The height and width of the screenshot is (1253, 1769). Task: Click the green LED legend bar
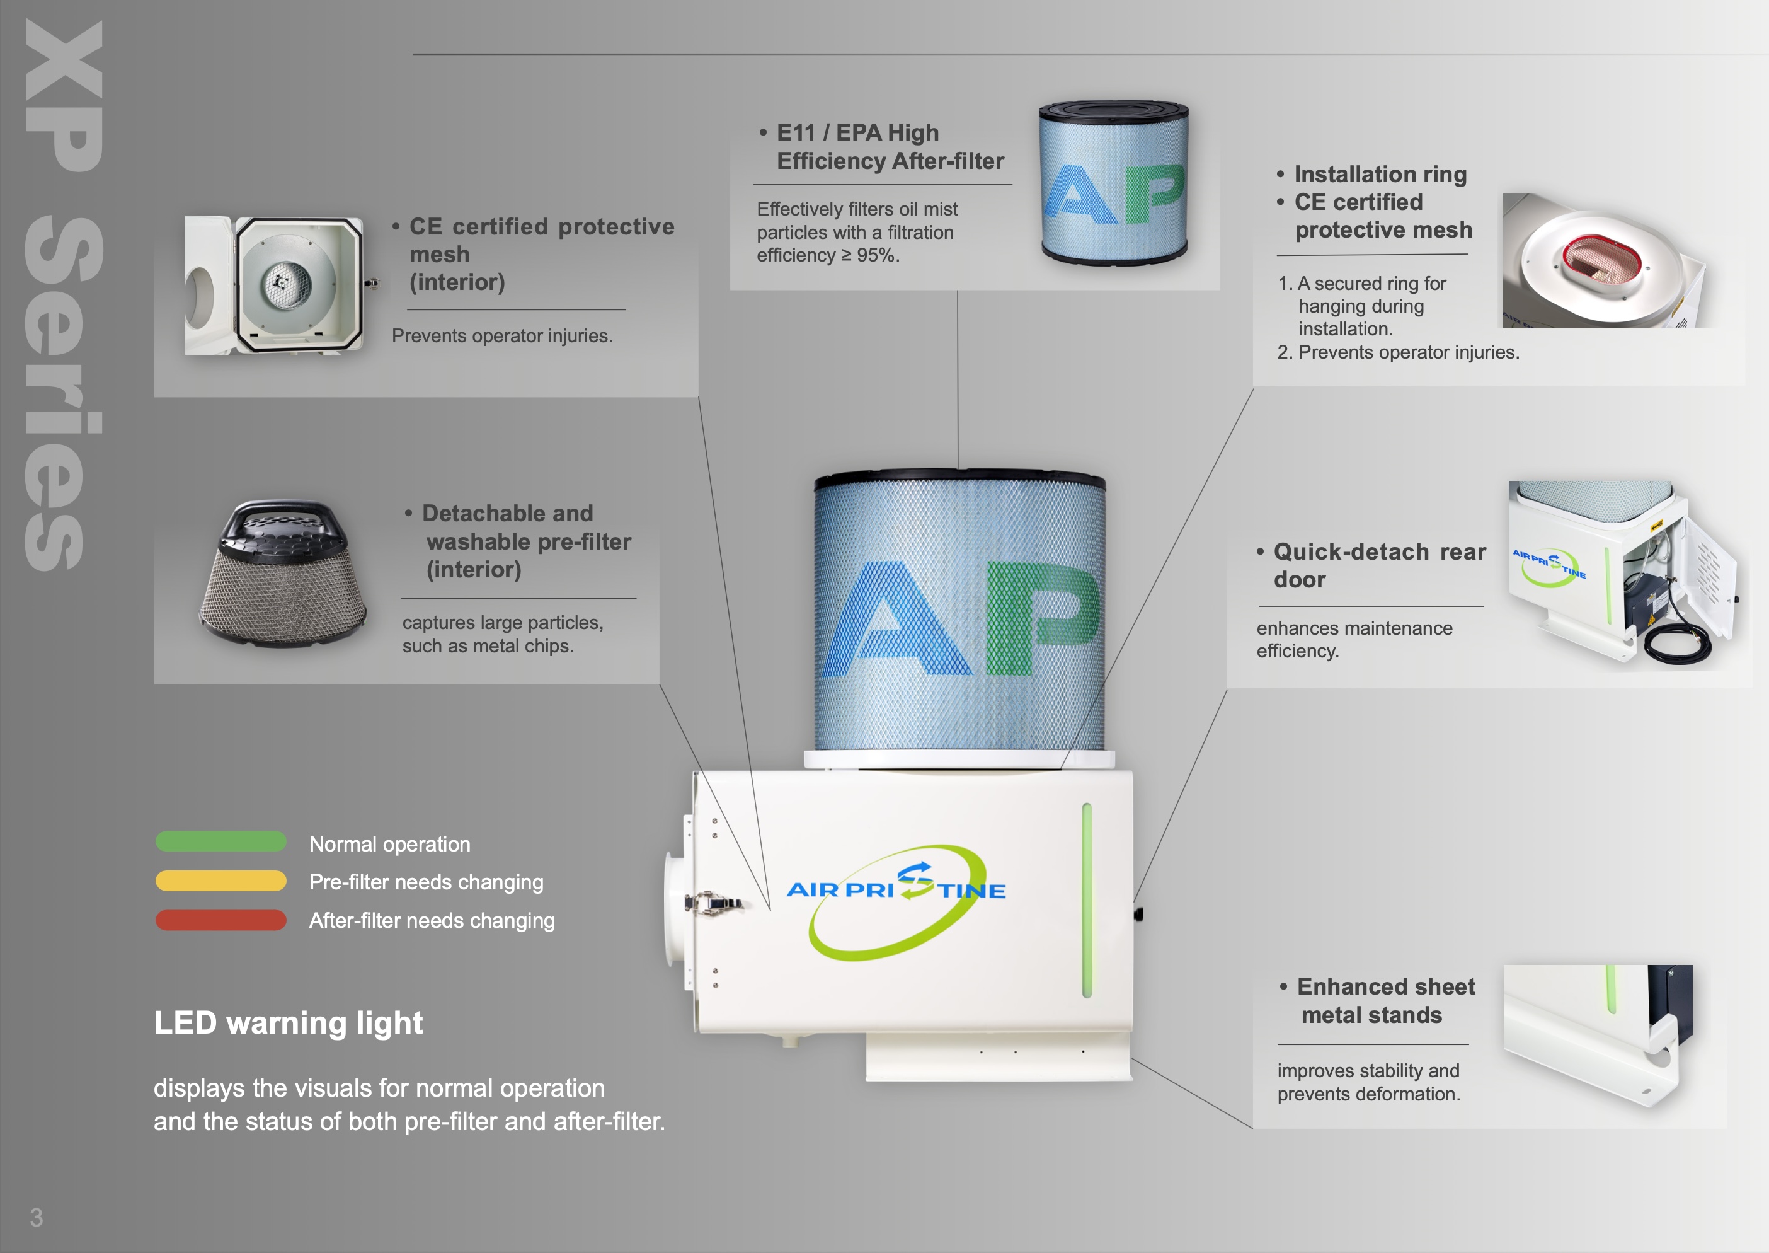click(x=220, y=842)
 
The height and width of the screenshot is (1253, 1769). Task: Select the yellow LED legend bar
click(x=220, y=881)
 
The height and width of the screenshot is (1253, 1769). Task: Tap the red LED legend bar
click(x=220, y=920)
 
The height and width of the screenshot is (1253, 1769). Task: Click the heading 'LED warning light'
click(x=289, y=1023)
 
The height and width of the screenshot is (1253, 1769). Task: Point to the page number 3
click(x=37, y=1218)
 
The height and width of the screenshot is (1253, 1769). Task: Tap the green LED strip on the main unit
click(x=1087, y=899)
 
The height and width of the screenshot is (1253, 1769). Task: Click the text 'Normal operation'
click(x=389, y=844)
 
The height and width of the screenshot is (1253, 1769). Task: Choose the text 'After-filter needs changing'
click(x=432, y=920)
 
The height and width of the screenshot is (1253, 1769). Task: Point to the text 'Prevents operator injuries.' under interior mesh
click(x=502, y=337)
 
